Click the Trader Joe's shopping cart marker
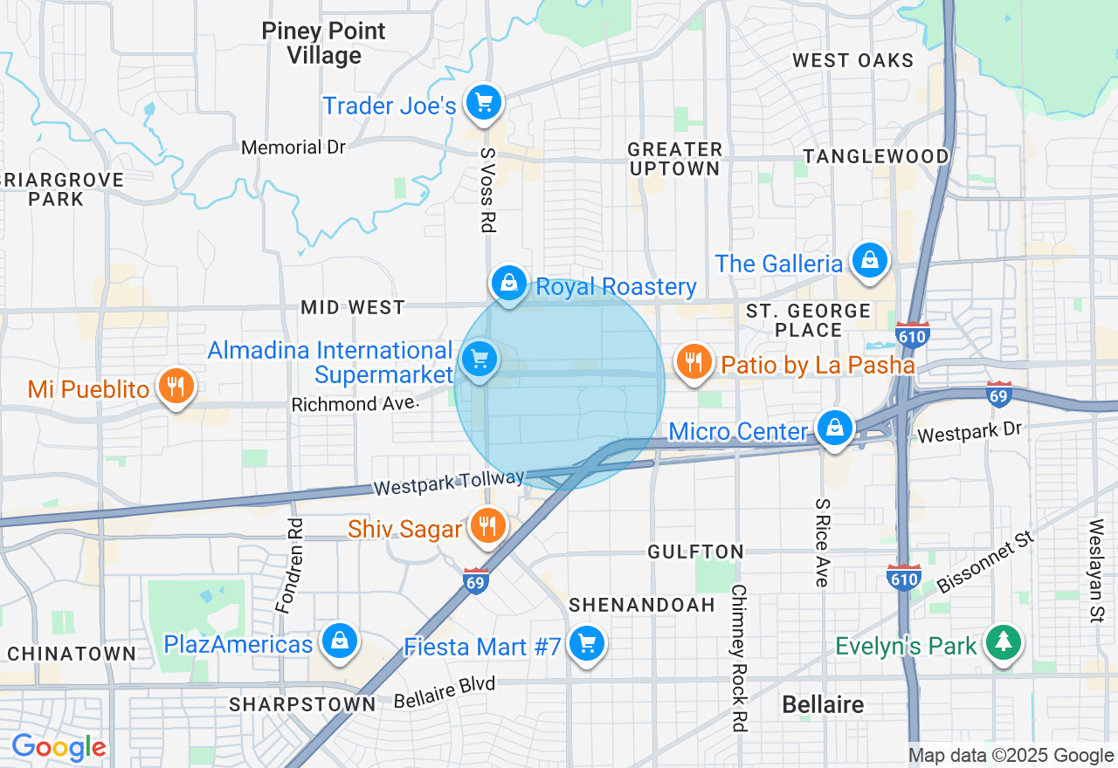click(x=483, y=104)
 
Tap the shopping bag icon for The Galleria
click(x=870, y=260)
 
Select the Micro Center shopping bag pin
click(x=836, y=428)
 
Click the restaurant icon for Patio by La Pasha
click(x=694, y=360)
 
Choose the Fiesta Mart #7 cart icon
click(x=586, y=644)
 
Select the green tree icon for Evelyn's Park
click(x=1004, y=642)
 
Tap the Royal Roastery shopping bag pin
click(x=508, y=283)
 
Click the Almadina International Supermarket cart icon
click(x=479, y=358)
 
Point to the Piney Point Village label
click(x=323, y=44)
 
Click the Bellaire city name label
click(x=823, y=704)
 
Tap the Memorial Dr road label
click(x=293, y=147)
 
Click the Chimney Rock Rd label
click(x=739, y=658)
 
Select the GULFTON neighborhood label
click(x=695, y=552)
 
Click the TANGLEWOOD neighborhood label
click(x=876, y=156)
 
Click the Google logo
click(x=59, y=748)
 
